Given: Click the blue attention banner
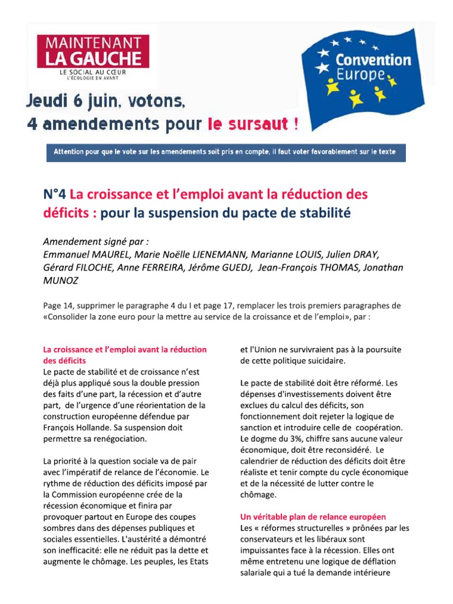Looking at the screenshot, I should (x=226, y=152).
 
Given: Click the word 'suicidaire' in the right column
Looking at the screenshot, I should (x=324, y=360).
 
